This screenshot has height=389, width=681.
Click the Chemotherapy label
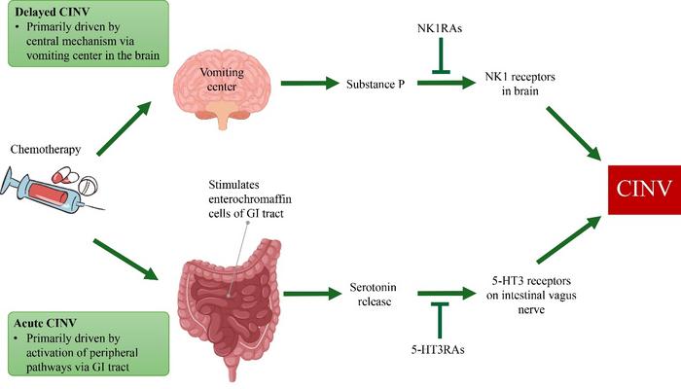pyautogui.click(x=45, y=150)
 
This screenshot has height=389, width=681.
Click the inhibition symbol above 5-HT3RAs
pyautogui.click(x=439, y=317)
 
